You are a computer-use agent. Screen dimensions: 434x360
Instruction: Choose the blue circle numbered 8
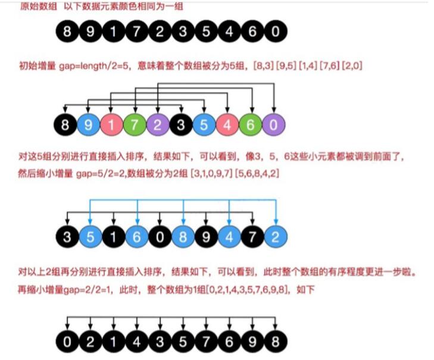pyautogui.click(x=182, y=235)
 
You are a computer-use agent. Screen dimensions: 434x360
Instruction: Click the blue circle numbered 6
pyautogui.click(x=136, y=235)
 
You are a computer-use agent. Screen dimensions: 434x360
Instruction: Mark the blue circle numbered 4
pyautogui.click(x=229, y=235)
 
